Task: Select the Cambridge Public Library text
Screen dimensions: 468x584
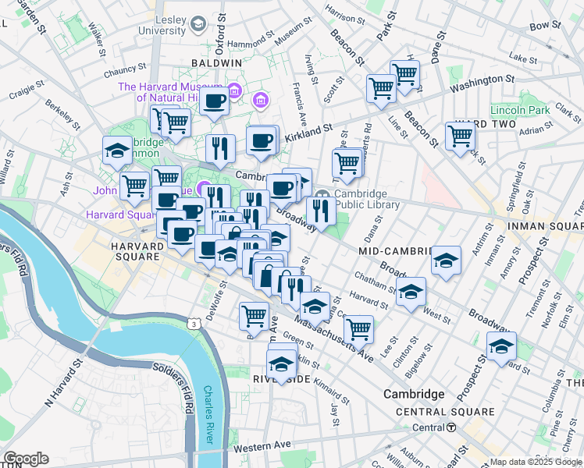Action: (x=367, y=200)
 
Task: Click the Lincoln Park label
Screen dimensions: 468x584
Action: (x=520, y=110)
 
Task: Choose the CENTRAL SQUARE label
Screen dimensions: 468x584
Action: (x=445, y=412)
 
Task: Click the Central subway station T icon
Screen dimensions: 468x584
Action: (x=451, y=427)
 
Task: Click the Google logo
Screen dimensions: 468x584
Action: (x=26, y=459)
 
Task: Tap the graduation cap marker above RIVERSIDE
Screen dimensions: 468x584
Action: (x=281, y=363)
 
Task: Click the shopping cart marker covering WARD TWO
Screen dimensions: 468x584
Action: (x=461, y=135)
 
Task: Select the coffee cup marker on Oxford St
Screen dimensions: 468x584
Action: (x=213, y=99)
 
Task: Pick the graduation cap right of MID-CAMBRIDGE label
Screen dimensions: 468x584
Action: (x=446, y=259)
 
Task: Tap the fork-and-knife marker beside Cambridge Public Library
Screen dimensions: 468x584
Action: (x=320, y=209)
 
